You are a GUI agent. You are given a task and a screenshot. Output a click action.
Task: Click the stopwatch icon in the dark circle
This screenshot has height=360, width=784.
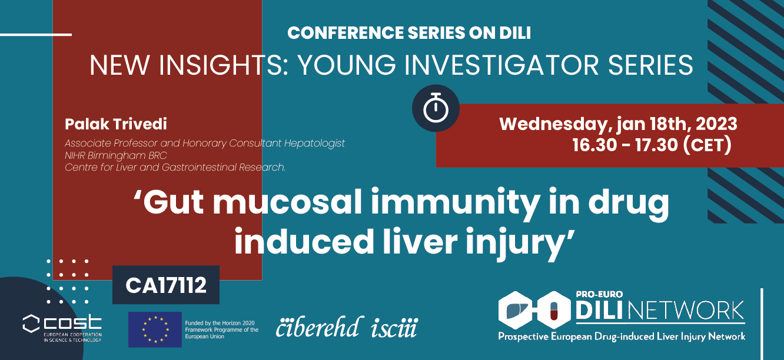pos(436,108)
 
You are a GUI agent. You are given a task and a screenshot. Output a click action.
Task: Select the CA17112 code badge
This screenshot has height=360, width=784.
pos(166,285)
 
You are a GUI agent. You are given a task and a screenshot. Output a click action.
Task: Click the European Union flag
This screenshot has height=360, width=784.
pos(155,329)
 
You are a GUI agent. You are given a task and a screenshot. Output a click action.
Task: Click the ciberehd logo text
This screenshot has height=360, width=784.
pos(318,327)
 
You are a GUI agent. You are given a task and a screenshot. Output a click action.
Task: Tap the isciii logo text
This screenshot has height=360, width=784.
pos(394,327)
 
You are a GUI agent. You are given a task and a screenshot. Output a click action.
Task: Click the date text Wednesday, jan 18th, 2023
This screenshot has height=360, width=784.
pos(618,124)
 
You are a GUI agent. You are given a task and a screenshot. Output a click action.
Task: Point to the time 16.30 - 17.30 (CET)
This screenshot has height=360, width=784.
pos(652,145)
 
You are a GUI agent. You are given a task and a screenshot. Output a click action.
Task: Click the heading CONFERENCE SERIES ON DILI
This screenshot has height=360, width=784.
pos(409,33)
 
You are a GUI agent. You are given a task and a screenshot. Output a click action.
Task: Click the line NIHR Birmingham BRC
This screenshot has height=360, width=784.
pos(116,156)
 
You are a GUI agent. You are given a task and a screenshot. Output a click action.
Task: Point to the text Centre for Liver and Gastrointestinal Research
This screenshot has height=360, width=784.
pos(175,168)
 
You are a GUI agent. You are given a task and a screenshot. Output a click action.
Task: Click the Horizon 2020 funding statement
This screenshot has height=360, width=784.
pos(221,329)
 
